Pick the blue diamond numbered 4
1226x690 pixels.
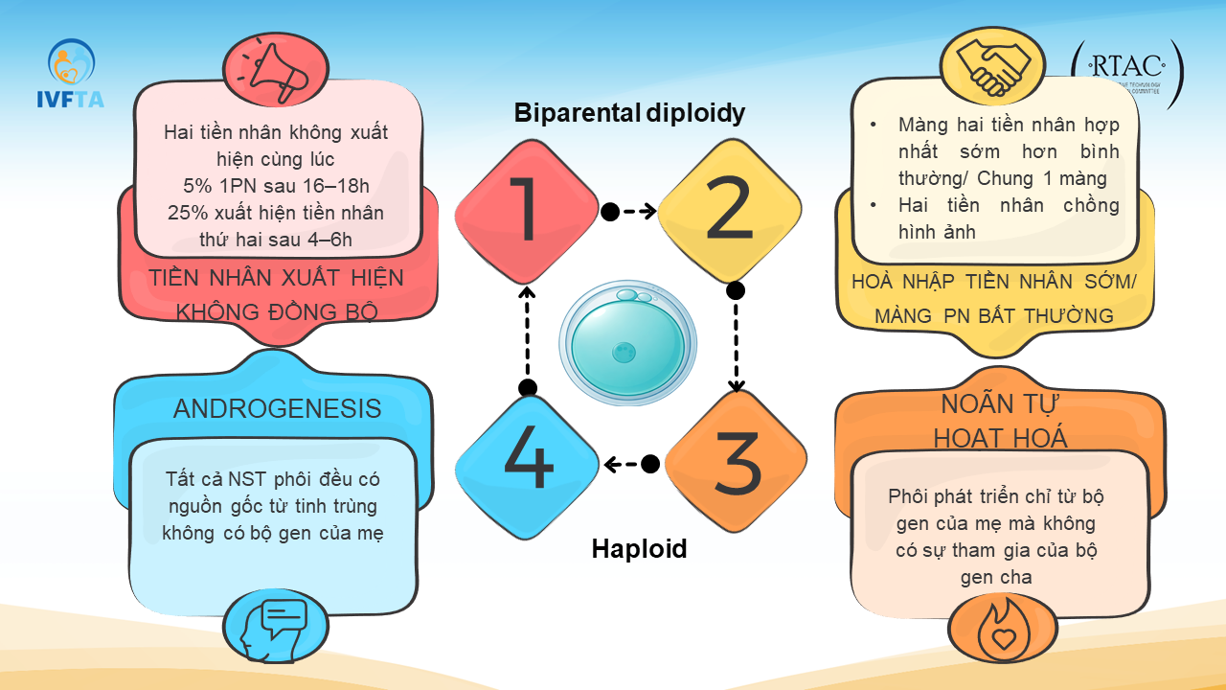527,464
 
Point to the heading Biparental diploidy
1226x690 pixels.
629,113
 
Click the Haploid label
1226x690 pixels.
639,549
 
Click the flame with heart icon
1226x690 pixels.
1002,629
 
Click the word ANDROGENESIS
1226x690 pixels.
277,409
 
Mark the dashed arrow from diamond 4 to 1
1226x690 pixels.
527,335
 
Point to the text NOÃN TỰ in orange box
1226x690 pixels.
1001,403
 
